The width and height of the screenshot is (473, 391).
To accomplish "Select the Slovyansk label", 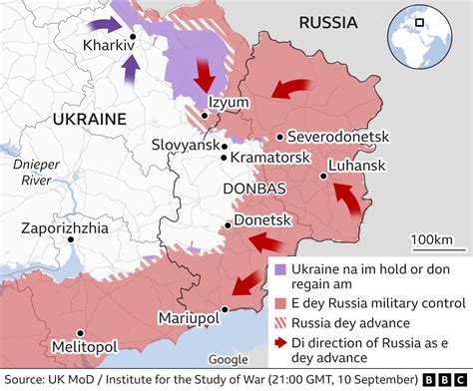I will tap(184, 145).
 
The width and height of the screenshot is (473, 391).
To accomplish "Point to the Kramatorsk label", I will tap(268, 158).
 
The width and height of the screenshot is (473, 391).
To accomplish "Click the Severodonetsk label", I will tap(337, 137).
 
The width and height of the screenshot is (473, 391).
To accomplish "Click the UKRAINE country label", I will tap(88, 119).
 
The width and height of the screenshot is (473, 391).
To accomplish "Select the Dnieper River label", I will tap(34, 171).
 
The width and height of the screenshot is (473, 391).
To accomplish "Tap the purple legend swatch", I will tap(280, 269).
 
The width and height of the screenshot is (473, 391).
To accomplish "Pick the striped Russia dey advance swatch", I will tap(280, 322).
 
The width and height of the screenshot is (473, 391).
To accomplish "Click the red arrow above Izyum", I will tap(206, 75).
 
